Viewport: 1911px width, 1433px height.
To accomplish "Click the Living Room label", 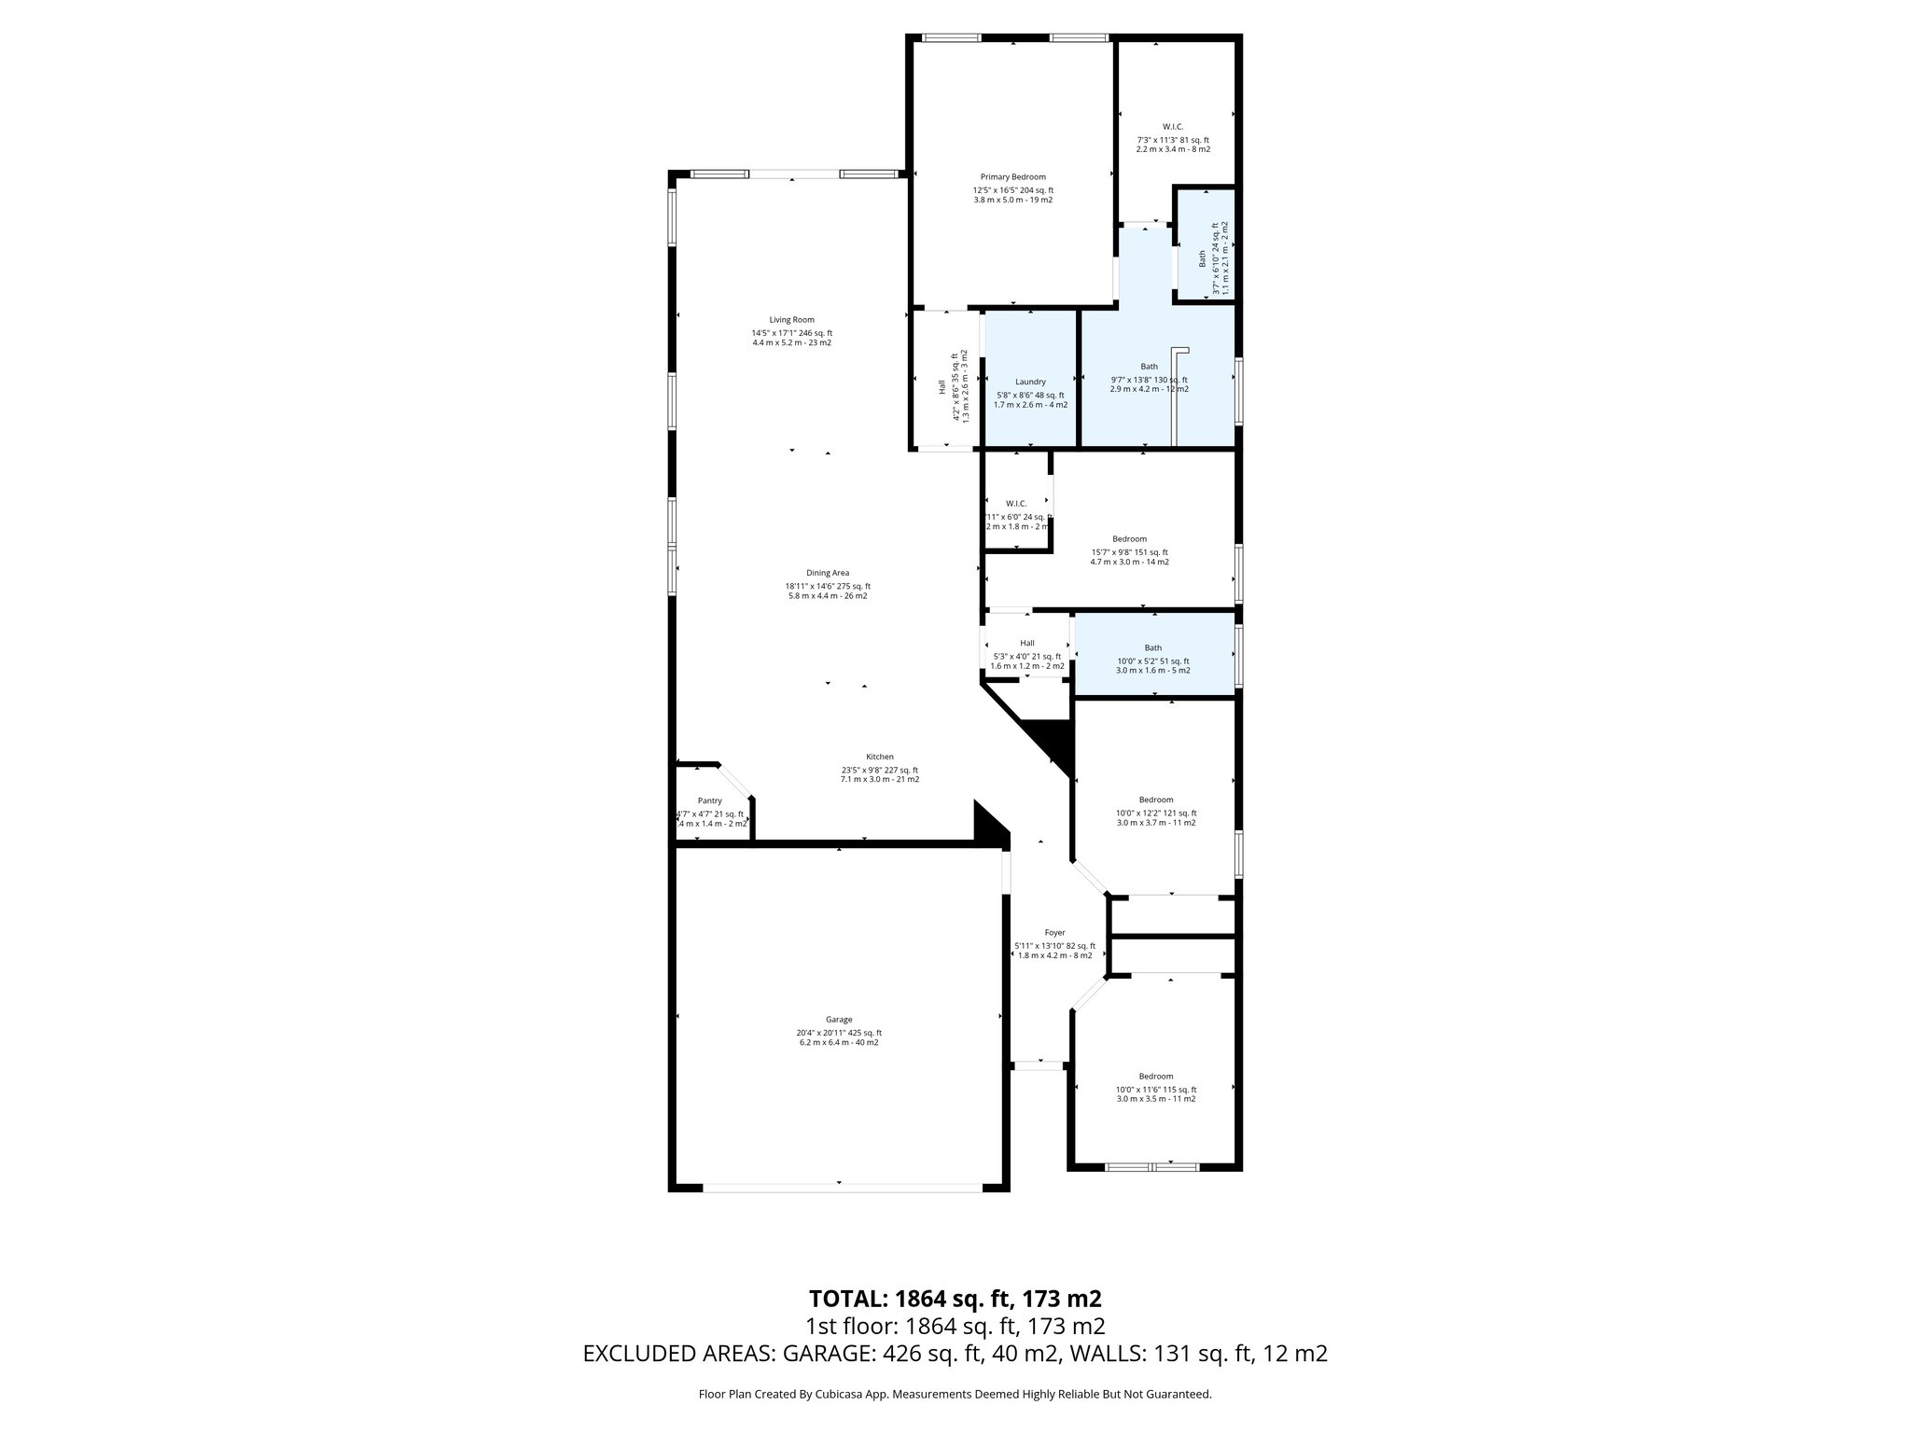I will (x=791, y=320).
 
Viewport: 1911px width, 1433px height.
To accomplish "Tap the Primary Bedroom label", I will (x=1012, y=177).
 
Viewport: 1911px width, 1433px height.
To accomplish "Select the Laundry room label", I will (x=1030, y=382).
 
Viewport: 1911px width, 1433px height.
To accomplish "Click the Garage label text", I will (x=838, y=1020).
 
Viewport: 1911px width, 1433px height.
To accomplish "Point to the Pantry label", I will (x=709, y=801).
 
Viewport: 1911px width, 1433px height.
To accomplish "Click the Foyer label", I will (x=1054, y=933).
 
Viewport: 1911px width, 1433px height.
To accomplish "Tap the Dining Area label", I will (x=828, y=573).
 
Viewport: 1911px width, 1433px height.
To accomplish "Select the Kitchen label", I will (x=879, y=757).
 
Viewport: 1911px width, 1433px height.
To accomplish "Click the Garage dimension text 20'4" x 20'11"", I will (x=838, y=1033).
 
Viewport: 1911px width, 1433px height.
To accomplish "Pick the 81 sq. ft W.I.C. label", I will (x=1172, y=127).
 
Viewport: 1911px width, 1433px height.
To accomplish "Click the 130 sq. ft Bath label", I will (x=1149, y=367).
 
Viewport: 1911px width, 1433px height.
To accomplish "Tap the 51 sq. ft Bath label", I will (x=1153, y=648).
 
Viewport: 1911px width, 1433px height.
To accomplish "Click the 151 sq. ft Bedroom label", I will (x=1129, y=539).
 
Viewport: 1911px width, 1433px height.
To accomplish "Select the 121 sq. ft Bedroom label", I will (x=1155, y=800).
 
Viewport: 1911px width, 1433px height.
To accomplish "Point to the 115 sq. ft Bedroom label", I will (x=1155, y=1077).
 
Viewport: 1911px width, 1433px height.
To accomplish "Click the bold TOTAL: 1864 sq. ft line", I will (x=955, y=1298).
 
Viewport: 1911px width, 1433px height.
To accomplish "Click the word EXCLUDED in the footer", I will (x=648, y=1354).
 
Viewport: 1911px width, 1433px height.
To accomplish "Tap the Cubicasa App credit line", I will (x=955, y=1394).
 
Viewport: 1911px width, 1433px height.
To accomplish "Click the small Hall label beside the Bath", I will (x=1026, y=643).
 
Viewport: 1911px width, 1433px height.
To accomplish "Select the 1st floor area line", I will (x=955, y=1326).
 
